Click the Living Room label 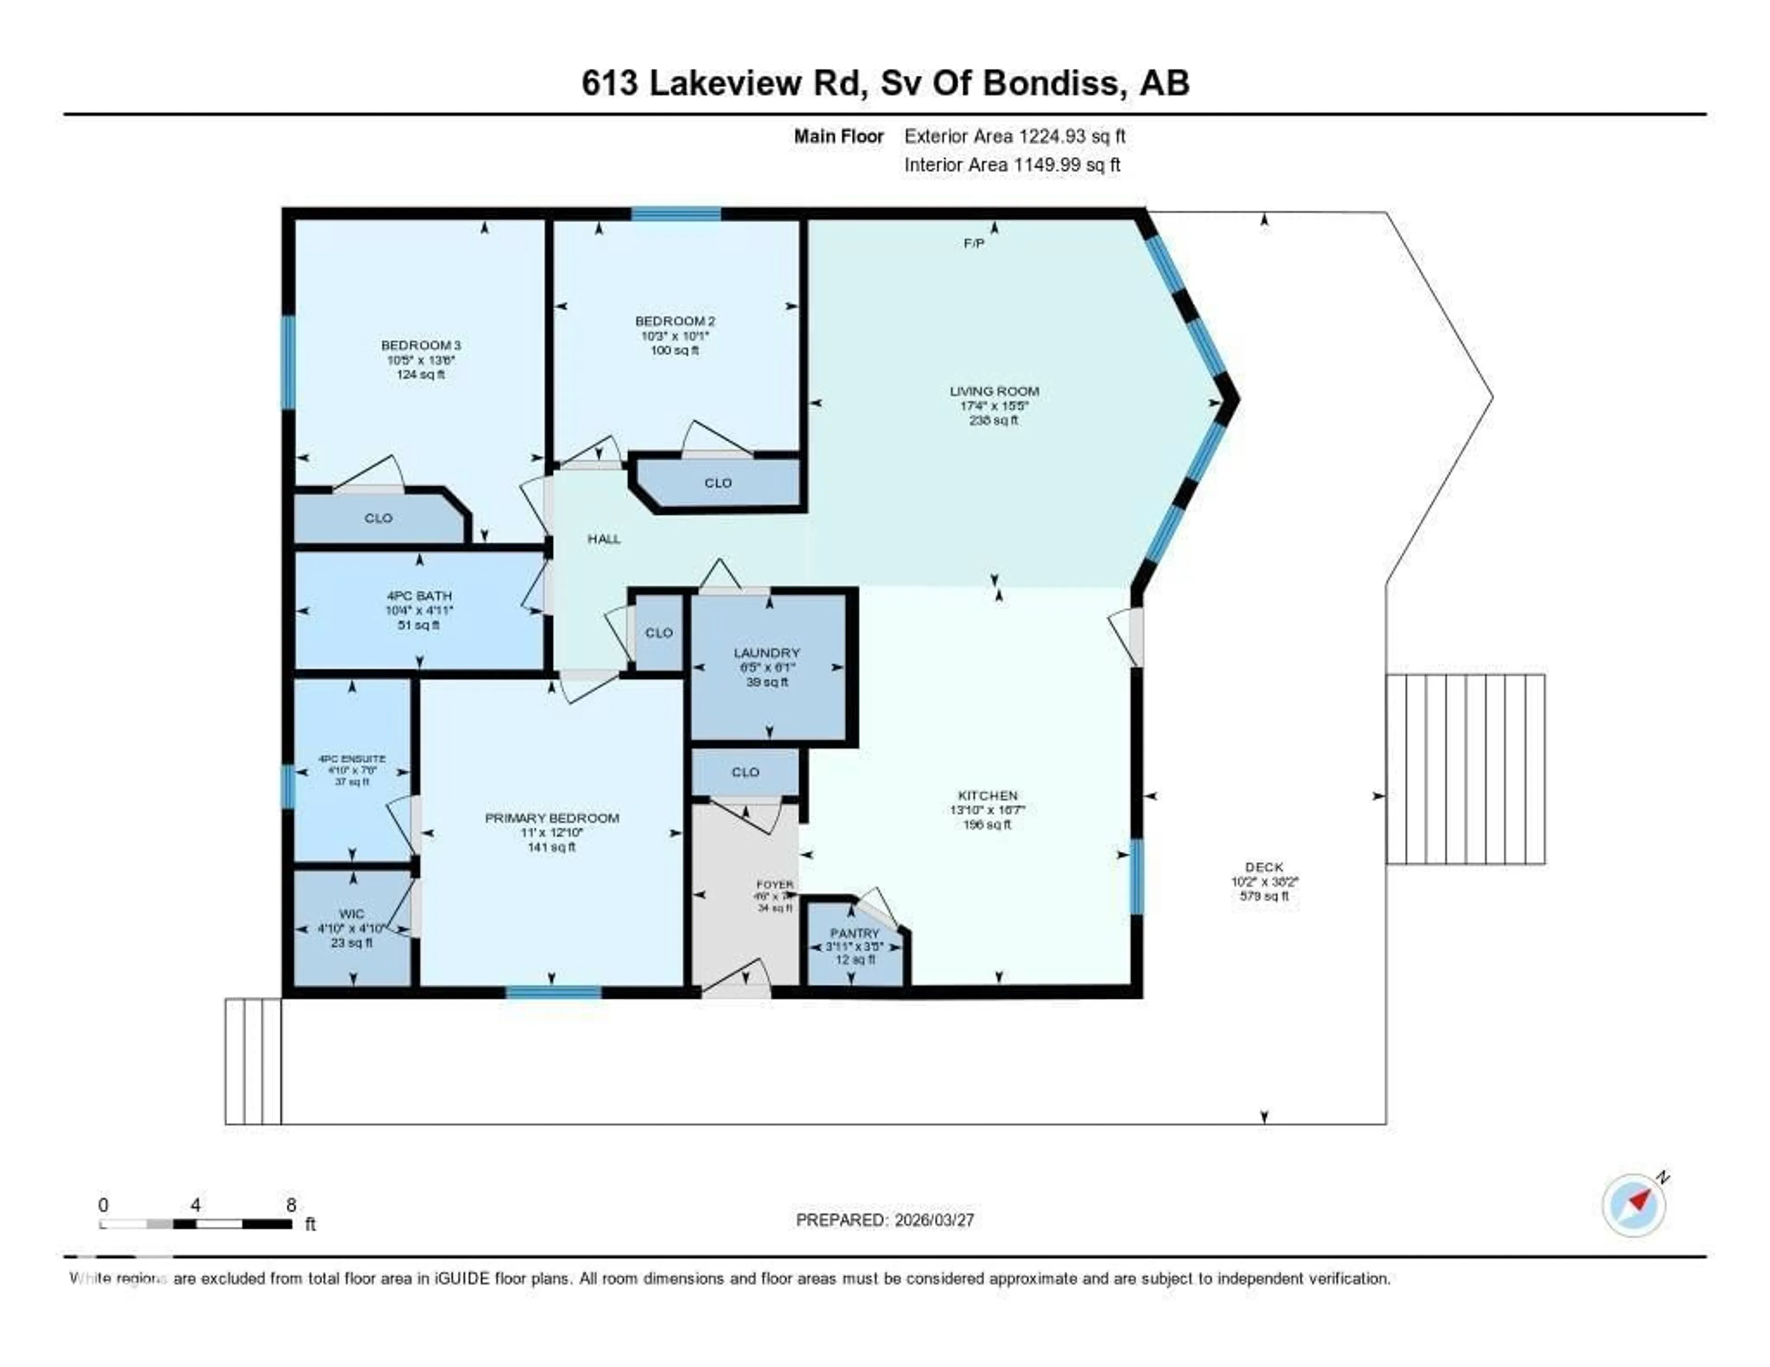994,391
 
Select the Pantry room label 854,933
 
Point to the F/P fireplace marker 973,243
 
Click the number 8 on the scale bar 291,1205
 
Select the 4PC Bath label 419,595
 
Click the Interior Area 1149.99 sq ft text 1012,165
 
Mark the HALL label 604,539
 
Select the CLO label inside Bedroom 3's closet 378,518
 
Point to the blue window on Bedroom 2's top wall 676,214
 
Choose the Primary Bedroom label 552,819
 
